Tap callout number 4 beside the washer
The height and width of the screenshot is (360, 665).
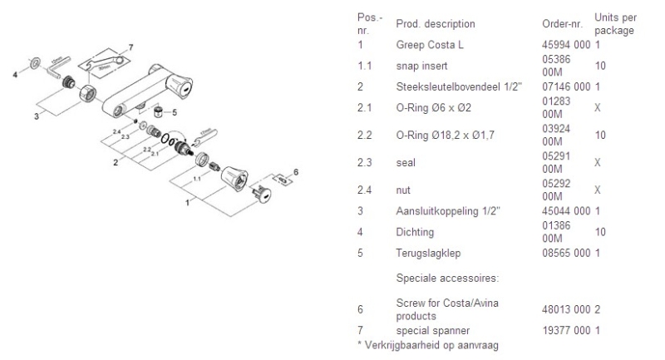[x=15, y=75]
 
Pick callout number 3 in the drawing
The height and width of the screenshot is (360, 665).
[x=36, y=116]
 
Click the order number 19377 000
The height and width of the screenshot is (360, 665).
[x=565, y=331]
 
